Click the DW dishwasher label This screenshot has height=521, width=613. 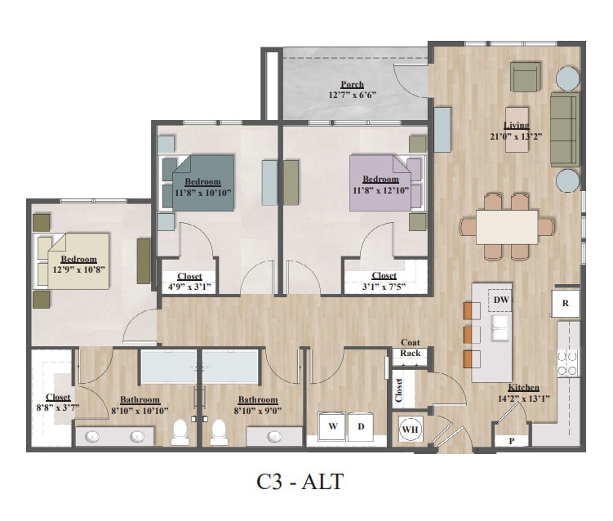point(501,301)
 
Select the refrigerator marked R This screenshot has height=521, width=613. point(565,302)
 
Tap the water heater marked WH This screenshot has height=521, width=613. point(410,427)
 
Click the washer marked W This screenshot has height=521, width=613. point(333,427)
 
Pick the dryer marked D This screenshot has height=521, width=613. point(360,427)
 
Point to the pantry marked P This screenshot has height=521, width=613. point(511,440)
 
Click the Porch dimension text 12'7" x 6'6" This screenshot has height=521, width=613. point(353,95)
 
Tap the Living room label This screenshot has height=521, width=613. point(516,125)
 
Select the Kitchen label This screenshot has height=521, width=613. point(523,387)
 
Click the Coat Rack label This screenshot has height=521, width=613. point(411,348)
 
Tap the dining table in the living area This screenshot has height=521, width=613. point(507,226)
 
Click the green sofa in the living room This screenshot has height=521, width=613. point(564,129)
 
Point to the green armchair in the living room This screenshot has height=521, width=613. point(525,78)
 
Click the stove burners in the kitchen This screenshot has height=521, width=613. point(566,360)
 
